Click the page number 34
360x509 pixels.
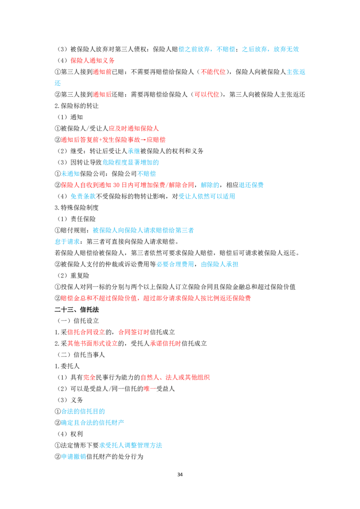(180, 474)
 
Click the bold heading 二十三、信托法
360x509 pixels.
(76, 309)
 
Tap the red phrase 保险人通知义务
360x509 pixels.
(93, 60)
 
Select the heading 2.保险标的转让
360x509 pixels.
(76, 106)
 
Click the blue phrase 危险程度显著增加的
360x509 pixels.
(130, 162)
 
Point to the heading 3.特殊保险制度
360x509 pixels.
(76, 207)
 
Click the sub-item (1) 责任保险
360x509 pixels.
(76, 219)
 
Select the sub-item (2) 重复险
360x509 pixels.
(73, 275)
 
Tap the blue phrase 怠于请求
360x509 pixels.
(67, 241)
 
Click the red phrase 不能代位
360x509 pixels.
(213, 72)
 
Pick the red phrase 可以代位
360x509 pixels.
(207, 94)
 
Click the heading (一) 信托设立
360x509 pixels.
(78, 321)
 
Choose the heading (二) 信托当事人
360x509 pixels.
(81, 354)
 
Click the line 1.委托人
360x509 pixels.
(67, 366)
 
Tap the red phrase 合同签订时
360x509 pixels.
(134, 332)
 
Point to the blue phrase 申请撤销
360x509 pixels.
(73, 456)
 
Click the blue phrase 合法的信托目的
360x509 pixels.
(83, 411)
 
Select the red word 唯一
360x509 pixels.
(149, 388)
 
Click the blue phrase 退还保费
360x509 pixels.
(251, 185)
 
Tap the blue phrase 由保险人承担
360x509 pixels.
(220, 264)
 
